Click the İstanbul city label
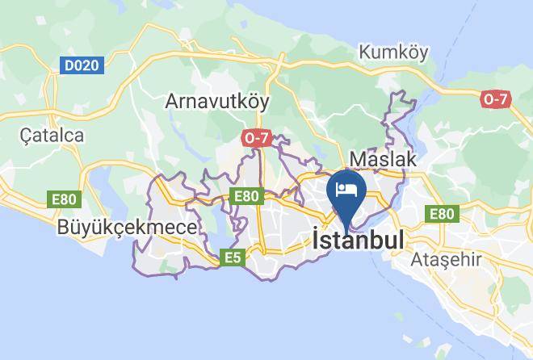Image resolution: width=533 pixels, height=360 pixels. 357,240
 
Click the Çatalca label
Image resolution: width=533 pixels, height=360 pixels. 52,135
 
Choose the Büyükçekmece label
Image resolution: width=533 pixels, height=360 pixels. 127,228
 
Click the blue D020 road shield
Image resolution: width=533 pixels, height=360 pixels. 82,65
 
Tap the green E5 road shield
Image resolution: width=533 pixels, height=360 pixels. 233,257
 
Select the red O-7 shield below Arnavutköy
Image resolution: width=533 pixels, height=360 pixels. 255,138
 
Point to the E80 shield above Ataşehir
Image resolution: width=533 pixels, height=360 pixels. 442,213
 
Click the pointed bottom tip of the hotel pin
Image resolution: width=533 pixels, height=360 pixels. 346,228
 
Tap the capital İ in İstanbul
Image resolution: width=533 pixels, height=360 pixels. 316,239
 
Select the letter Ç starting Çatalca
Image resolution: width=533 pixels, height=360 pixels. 27,135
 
